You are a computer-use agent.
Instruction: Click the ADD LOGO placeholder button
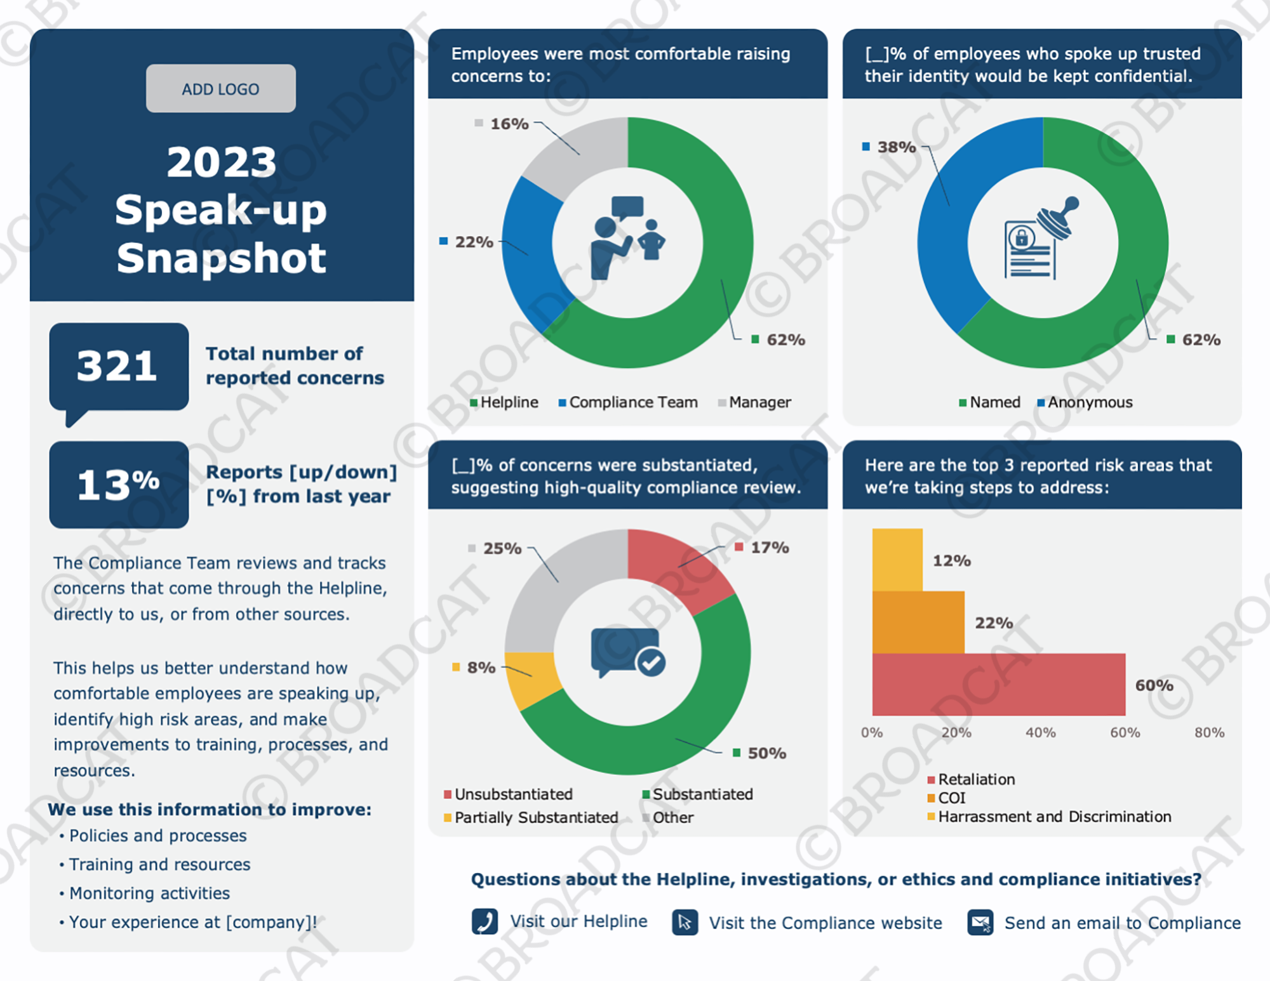(x=220, y=89)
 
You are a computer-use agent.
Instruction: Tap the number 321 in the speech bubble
(x=117, y=366)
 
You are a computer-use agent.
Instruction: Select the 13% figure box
(x=119, y=485)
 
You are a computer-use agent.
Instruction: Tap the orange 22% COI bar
(x=918, y=622)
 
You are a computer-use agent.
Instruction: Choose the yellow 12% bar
(x=897, y=560)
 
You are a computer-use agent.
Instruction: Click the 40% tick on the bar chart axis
(x=1040, y=732)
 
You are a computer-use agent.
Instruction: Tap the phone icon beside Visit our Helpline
(x=485, y=921)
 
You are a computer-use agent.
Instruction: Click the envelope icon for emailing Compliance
(x=980, y=923)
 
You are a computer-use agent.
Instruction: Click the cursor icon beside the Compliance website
(x=685, y=923)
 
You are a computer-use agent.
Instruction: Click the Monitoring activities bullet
(x=149, y=893)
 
